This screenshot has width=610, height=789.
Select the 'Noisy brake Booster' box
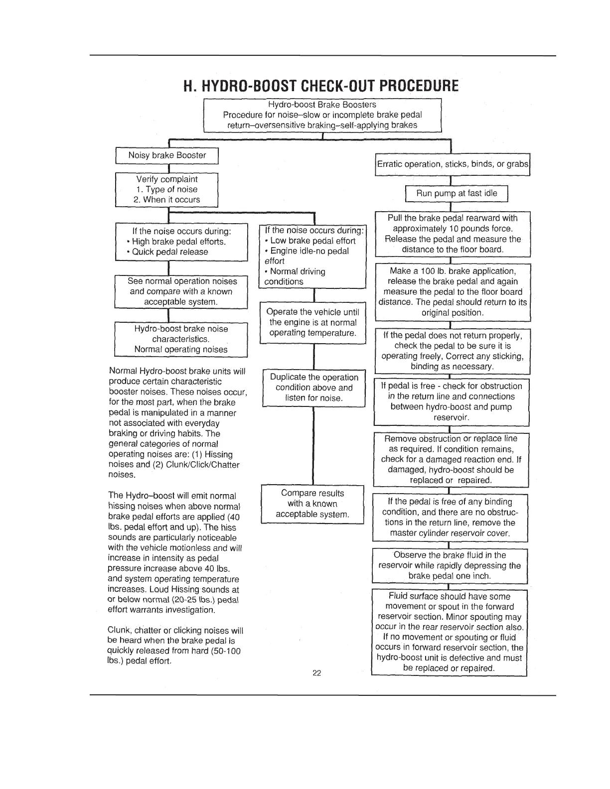[x=167, y=155]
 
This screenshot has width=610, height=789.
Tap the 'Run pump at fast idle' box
[x=456, y=194]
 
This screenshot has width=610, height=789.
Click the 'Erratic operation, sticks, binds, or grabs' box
[x=453, y=164]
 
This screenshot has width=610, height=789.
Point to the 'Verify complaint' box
[x=167, y=189]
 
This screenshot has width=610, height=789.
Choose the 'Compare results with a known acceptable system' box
[x=312, y=504]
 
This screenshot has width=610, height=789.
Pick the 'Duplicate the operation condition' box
[x=314, y=388]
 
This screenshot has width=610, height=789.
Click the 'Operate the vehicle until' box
[x=313, y=322]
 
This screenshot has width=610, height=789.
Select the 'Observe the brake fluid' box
[x=450, y=565]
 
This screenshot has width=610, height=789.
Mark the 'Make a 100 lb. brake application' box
[x=453, y=292]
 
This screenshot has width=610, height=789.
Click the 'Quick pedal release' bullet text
[x=170, y=252]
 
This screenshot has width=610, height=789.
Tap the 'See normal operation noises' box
[x=181, y=291]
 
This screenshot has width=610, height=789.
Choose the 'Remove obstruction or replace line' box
[x=451, y=459]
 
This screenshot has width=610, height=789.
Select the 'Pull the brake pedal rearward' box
[x=453, y=234]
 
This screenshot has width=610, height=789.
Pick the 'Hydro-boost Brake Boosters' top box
[x=322, y=115]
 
